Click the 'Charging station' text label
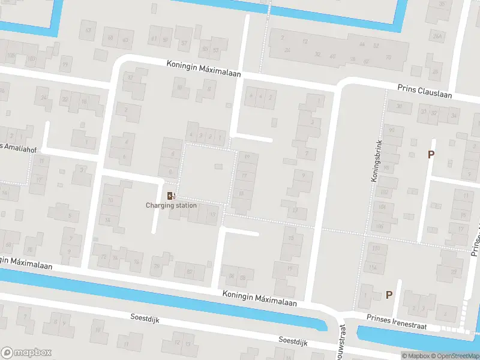tap(171, 206)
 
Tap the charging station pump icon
tap(171, 196)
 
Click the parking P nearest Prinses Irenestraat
tap(389, 295)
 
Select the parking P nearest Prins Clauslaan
tap(430, 155)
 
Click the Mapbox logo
tap(26, 353)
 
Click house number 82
tap(190, 272)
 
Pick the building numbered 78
tap(157, 267)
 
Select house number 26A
tap(437, 36)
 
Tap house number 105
tap(10, 56)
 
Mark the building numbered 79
tap(65, 65)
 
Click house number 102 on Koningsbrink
tap(385, 192)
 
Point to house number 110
tap(376, 248)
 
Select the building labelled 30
tap(400, 106)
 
